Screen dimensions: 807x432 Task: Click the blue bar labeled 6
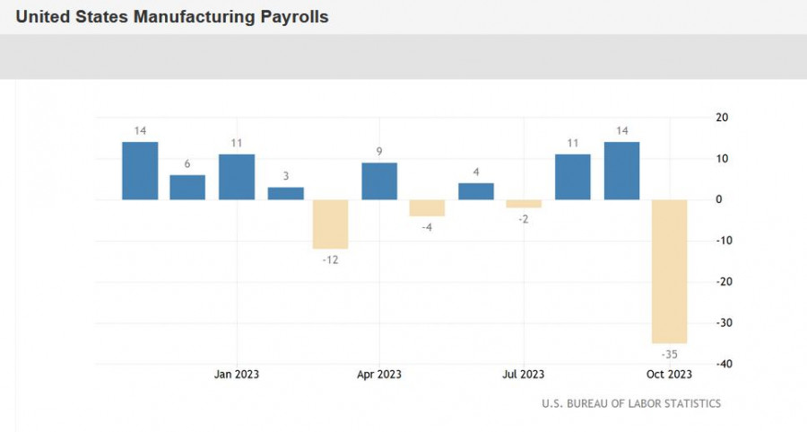point(187,187)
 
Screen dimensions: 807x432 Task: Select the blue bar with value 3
point(286,193)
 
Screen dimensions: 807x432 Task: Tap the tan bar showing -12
point(330,225)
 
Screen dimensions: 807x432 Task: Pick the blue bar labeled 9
point(379,181)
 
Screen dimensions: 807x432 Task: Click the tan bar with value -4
point(427,207)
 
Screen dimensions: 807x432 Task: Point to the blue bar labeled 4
point(476,191)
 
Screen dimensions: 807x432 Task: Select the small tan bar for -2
point(524,204)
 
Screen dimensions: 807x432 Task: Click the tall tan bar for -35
point(670,271)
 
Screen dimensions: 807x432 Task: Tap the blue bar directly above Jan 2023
point(237,177)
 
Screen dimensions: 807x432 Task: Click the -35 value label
point(670,355)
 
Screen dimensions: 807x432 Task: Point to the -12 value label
point(330,260)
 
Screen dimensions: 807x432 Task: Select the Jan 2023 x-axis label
point(237,375)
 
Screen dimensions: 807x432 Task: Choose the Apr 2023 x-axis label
point(379,375)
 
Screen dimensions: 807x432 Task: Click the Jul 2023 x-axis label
point(524,375)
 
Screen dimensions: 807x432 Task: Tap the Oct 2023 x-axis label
point(669,375)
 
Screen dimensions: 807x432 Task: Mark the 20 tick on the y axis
point(722,118)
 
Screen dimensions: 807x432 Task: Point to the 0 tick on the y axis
point(719,199)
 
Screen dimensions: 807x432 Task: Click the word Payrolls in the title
point(294,17)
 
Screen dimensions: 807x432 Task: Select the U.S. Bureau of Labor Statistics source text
point(631,403)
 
